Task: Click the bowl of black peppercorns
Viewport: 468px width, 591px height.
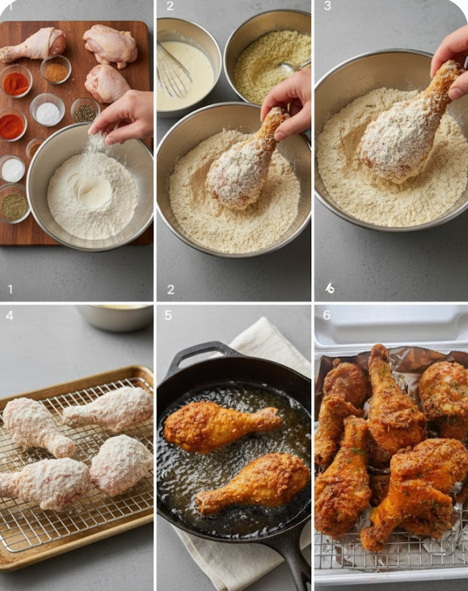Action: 85,111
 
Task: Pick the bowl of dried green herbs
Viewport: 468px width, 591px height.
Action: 14,205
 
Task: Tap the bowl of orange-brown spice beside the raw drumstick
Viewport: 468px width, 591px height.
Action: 55,71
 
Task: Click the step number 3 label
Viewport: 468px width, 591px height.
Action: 327,6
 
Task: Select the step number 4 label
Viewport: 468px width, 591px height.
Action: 9,316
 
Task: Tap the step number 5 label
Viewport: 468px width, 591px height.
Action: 168,316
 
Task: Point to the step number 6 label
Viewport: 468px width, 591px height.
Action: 326,316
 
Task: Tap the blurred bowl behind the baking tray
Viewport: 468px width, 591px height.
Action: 115,316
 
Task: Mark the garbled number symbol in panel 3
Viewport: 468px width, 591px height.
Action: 330,288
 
